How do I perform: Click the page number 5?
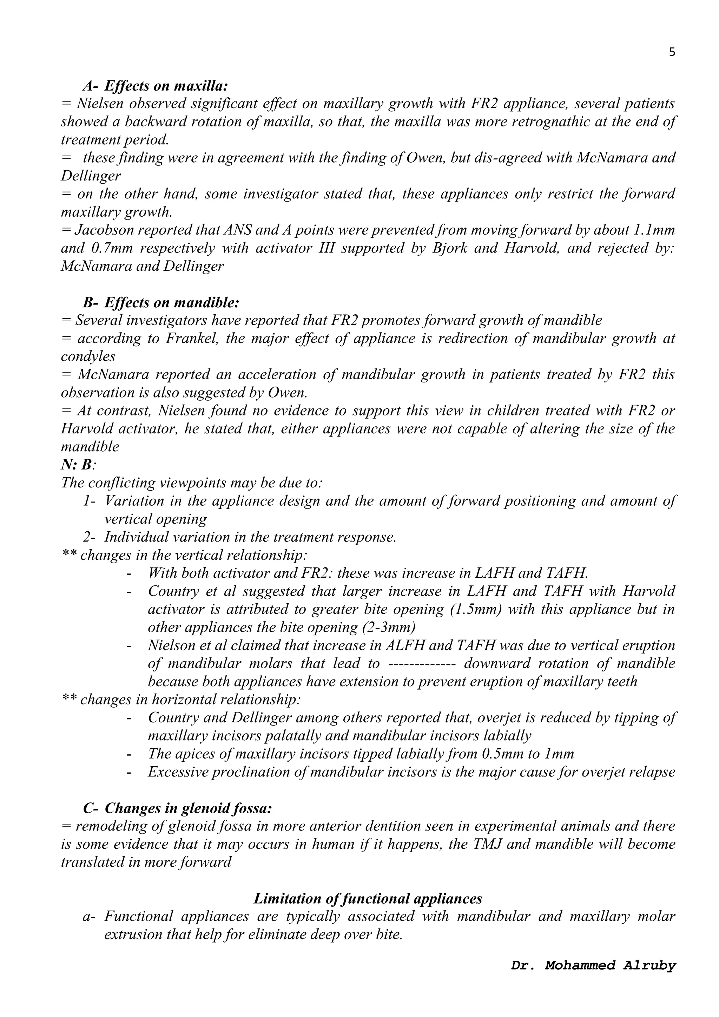[672, 52]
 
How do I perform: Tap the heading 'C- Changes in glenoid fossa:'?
[177, 808]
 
